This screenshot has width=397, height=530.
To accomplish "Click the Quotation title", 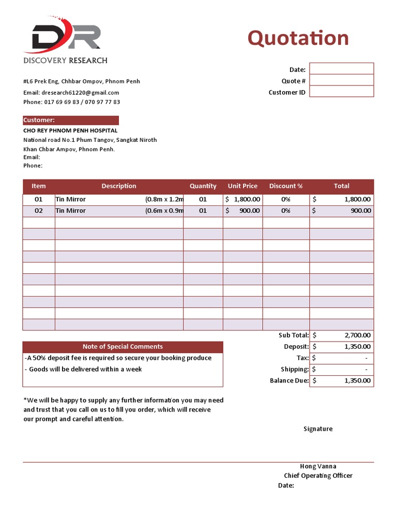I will (298, 38).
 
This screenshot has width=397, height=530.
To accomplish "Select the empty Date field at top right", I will (341, 69).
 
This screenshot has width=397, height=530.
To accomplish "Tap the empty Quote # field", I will (341, 80).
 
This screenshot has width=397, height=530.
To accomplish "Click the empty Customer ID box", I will (341, 92).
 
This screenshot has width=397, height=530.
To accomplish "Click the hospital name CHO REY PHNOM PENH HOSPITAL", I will (70, 130).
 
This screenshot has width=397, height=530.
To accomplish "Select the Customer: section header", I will (71, 120).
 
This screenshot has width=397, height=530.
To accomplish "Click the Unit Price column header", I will (242, 186).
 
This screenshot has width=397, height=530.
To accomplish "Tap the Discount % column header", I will (286, 186).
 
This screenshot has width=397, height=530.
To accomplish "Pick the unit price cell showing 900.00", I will (242, 211).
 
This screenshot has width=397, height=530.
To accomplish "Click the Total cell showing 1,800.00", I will (341, 199).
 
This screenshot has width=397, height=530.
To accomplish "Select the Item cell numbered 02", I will (39, 211).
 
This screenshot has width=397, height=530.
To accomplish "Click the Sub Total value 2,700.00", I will (341, 335).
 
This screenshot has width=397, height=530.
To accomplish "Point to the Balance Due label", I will (289, 380).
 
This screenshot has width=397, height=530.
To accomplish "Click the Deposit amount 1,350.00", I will (341, 347).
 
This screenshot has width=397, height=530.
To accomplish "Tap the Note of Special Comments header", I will (123, 347).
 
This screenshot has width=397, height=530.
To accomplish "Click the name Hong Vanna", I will (318, 466).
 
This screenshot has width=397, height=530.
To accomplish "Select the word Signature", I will (318, 429).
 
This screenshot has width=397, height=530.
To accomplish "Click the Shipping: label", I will (295, 369).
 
